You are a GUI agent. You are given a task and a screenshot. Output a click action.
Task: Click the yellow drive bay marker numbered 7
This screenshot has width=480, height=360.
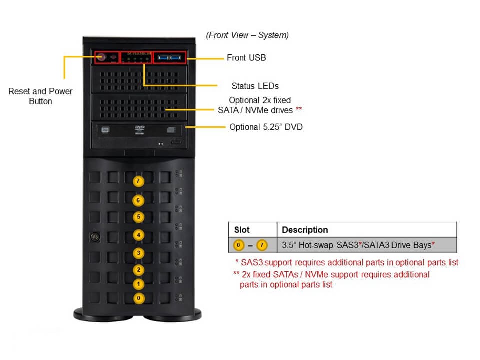point(138,181)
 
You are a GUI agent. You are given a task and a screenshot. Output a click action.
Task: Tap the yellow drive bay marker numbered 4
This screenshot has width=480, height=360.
point(138,235)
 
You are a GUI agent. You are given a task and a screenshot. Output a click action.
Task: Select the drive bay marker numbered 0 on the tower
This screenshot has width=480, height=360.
point(138,298)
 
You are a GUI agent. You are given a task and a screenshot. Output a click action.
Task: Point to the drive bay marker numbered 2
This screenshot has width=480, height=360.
point(138,270)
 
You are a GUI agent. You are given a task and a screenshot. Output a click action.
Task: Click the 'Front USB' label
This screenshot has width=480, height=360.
point(246,58)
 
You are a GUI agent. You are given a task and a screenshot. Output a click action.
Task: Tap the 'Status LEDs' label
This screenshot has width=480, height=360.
point(255,86)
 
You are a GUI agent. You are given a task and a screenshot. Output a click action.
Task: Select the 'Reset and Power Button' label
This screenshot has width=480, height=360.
point(40,96)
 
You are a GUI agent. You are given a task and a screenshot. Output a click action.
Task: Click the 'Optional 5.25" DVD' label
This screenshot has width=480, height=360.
point(266,127)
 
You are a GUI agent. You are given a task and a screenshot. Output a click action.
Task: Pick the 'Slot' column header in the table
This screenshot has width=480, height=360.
point(242,230)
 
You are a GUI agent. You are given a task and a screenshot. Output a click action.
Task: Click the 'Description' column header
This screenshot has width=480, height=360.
point(305,230)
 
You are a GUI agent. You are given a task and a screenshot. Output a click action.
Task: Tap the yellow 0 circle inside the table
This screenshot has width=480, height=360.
point(239,245)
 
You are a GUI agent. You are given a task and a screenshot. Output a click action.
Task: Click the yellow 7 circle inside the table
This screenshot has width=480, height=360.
point(262,245)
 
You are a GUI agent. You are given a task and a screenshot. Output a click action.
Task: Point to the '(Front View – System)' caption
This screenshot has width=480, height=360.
point(247,35)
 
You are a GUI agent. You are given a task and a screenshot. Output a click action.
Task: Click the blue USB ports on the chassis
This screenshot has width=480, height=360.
point(169,58)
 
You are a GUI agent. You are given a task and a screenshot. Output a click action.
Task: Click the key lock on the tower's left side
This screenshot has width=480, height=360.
point(92,235)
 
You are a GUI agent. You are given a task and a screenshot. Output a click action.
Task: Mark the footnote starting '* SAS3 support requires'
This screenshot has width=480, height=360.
point(346,262)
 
